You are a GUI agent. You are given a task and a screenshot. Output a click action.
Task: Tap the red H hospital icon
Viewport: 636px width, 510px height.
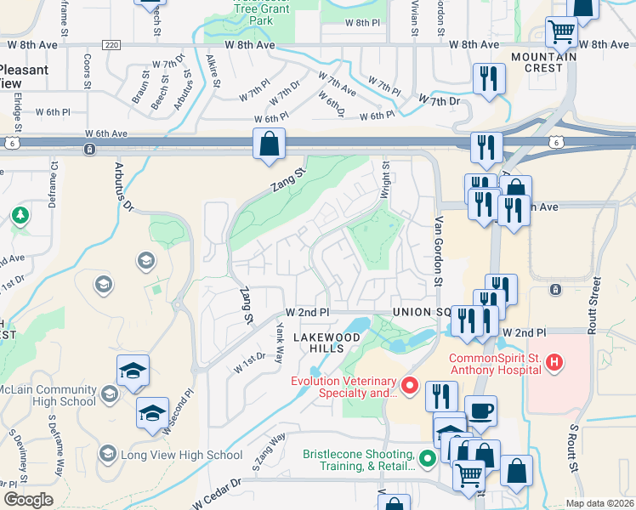coord(554,364)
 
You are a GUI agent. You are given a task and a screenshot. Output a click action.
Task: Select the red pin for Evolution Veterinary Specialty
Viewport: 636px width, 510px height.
coord(409,388)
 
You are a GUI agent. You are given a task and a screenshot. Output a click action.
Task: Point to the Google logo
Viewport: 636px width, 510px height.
coord(28,500)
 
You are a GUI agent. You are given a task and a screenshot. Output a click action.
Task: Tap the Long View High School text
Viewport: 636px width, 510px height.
coord(182,455)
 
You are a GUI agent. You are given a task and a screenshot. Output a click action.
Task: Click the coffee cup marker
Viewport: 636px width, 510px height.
coord(480,411)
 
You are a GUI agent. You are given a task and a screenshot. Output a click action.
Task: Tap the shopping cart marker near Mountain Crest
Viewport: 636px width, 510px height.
coord(561,33)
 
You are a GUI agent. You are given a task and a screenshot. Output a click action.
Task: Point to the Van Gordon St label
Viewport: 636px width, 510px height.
coord(440,251)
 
